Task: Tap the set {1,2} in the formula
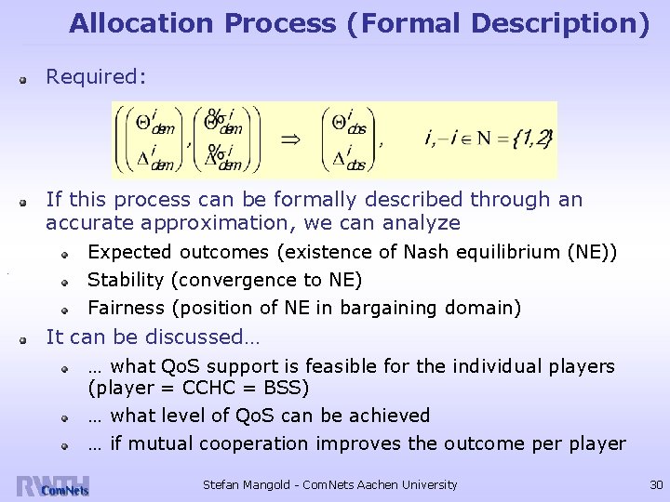533,139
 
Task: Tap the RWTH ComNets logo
53,486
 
